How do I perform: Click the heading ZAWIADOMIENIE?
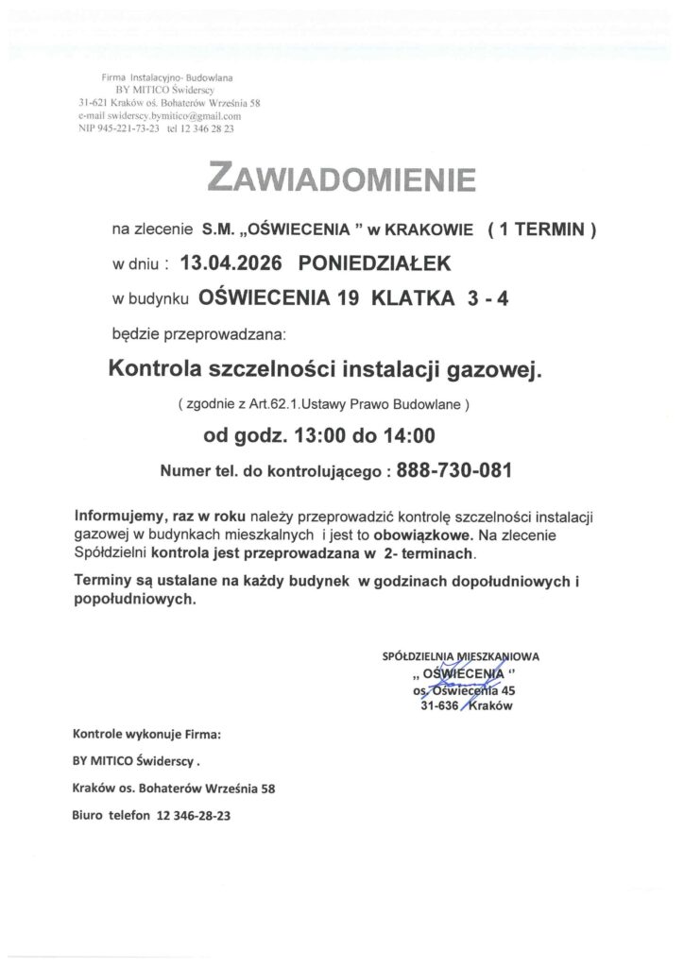tap(341, 178)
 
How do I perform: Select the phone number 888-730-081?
tap(455, 467)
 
